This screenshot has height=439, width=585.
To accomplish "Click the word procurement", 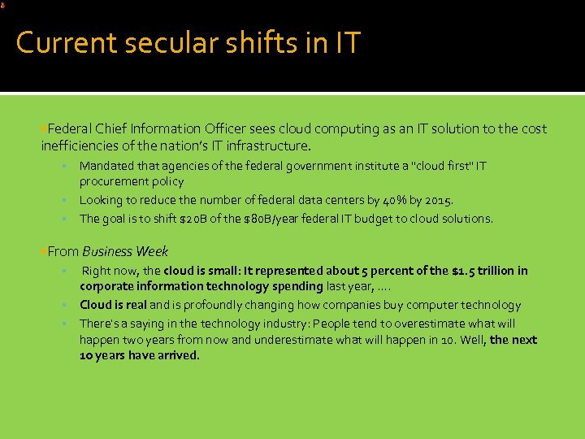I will (114, 181).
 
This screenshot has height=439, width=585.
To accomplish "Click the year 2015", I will (437, 200).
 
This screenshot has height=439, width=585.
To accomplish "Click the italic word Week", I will (152, 251).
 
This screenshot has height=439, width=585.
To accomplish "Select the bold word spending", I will (293, 286).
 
